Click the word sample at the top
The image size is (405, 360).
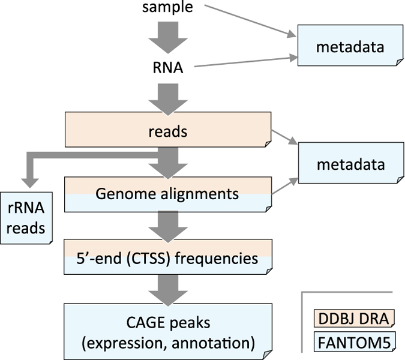[x=167, y=8]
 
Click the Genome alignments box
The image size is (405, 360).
[x=167, y=194]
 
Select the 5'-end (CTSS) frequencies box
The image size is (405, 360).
[x=167, y=258]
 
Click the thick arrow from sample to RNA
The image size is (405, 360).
[x=167, y=37]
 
